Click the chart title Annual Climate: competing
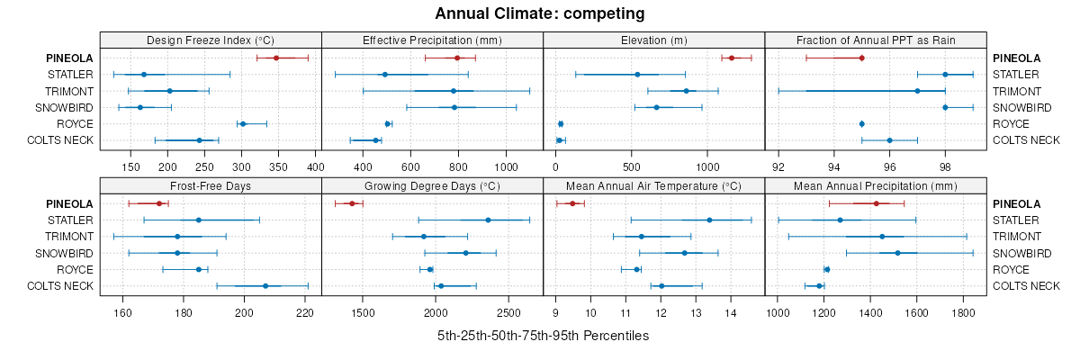[x=539, y=13]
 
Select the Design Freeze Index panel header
[x=211, y=40]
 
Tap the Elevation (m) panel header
[x=654, y=40]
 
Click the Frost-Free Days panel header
[x=211, y=186]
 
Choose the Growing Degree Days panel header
[x=432, y=186]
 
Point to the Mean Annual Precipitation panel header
[x=876, y=186]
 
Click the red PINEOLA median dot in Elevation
[x=732, y=58]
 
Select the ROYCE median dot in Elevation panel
[x=561, y=123]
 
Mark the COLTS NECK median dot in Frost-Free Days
[x=265, y=286]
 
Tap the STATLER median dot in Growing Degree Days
[x=488, y=220]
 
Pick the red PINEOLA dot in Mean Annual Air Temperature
[x=572, y=203]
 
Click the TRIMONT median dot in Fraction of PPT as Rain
[x=917, y=91]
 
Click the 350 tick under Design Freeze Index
[x=278, y=166]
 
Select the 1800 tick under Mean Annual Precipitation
[x=963, y=312]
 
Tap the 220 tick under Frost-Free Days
[x=305, y=312]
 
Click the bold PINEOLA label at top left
[x=70, y=58]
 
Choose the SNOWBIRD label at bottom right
[x=1020, y=253]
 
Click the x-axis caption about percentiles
[x=543, y=336]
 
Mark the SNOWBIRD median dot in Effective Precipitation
[x=454, y=107]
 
